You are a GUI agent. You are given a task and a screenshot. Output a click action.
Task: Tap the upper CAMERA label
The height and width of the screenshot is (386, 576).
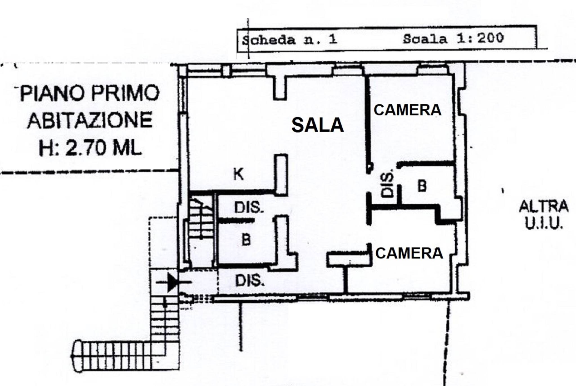coord(407,110)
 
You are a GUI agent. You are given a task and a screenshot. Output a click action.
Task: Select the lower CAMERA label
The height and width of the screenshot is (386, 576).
coord(409,253)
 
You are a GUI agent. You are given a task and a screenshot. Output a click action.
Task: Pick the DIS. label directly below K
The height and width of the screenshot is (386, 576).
coord(249,207)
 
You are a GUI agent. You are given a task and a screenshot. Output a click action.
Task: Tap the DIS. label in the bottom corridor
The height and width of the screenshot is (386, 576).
coord(250,281)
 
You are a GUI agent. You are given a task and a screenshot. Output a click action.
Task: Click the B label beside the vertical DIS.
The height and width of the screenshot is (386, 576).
coord(422,186)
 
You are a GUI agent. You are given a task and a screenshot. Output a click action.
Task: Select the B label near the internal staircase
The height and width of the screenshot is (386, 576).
coord(246,240)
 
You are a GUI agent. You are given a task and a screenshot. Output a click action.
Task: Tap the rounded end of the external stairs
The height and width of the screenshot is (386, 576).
coord(76,356)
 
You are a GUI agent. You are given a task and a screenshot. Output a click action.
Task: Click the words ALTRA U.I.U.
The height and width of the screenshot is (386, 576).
coord(544,215)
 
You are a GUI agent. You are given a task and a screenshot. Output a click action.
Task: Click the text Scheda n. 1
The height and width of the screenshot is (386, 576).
coord(289,40)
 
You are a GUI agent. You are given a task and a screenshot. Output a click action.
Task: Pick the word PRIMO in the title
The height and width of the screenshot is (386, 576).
coord(125,93)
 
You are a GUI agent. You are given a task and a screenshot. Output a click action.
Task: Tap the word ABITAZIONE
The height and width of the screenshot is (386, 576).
coord(90,120)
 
